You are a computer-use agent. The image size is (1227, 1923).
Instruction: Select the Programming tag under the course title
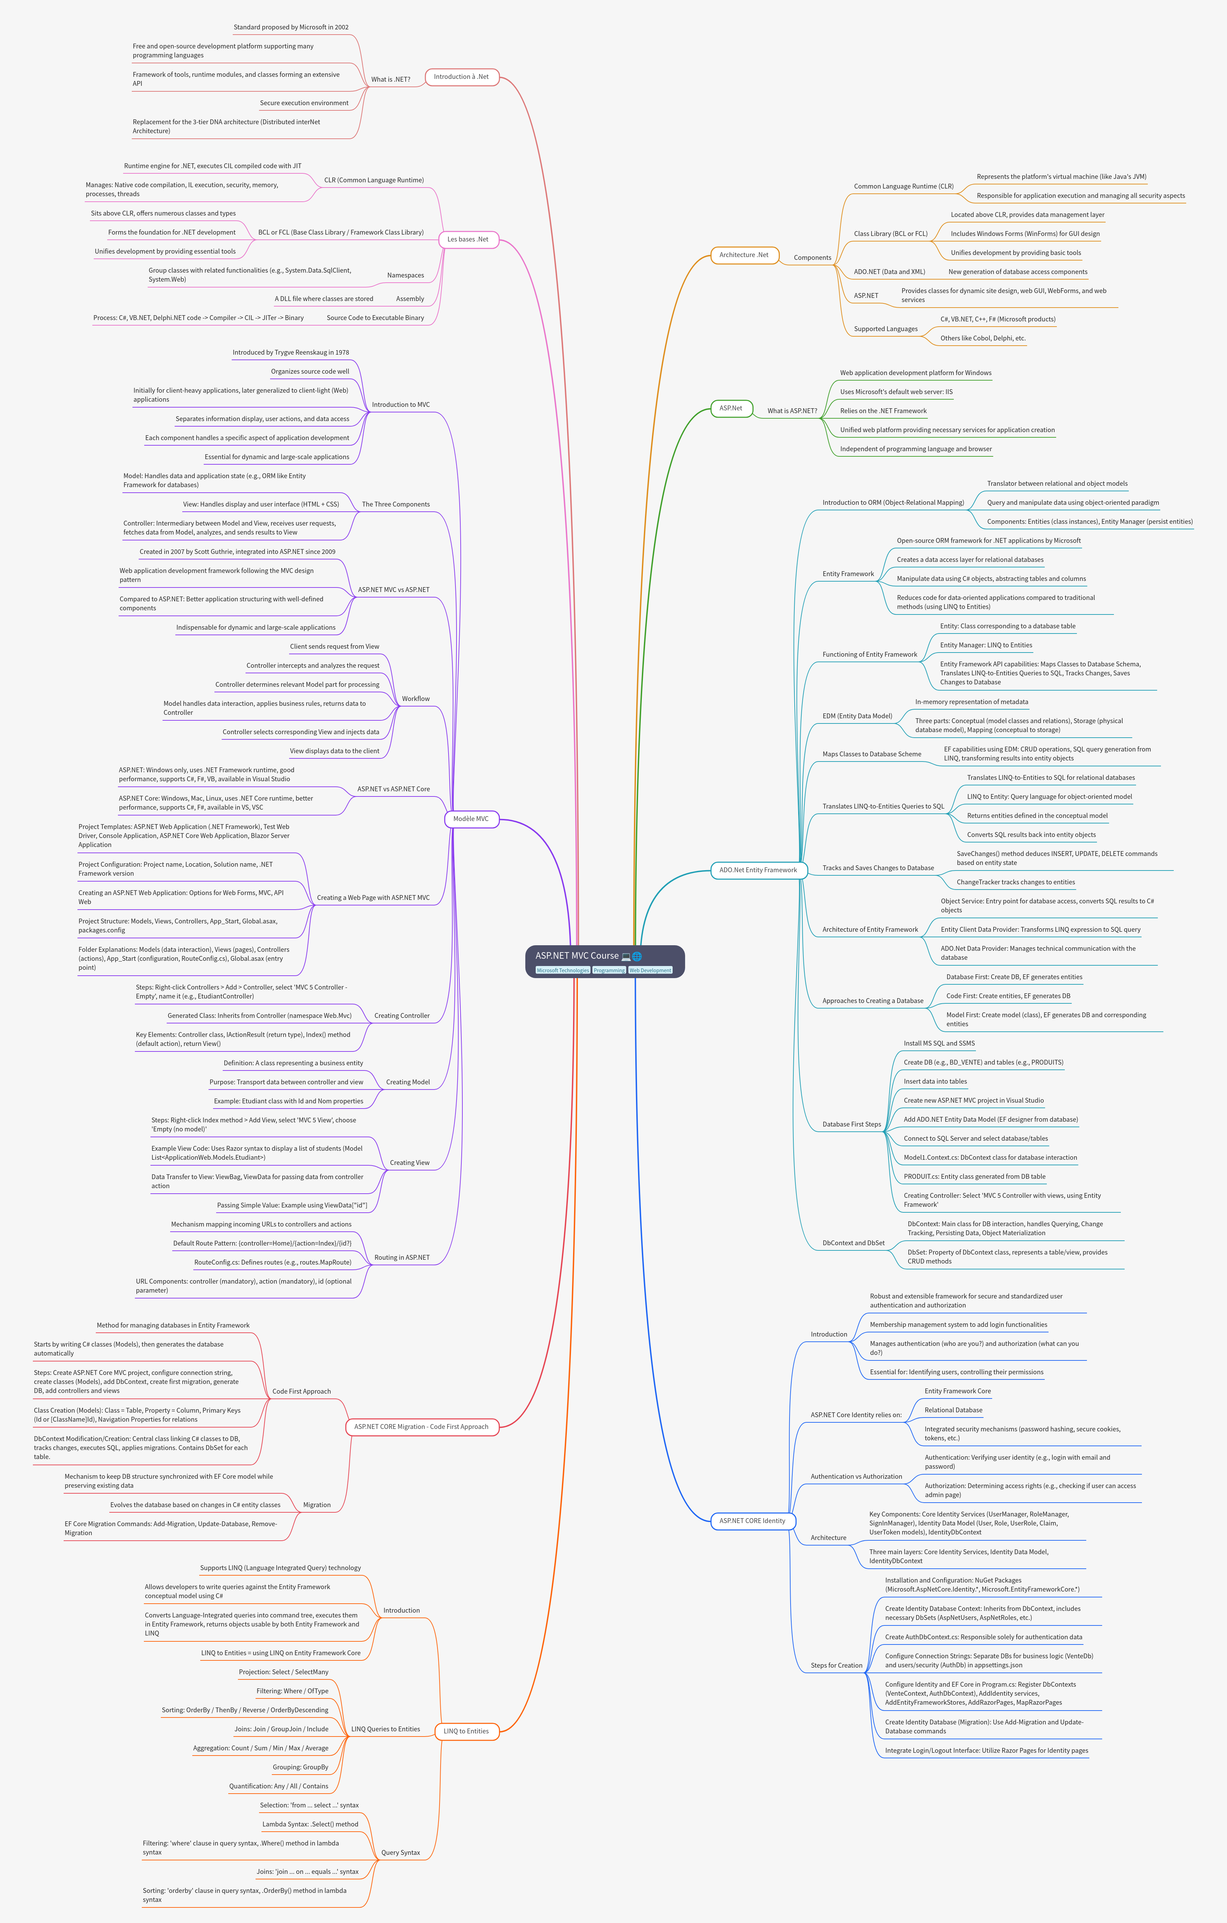click(609, 970)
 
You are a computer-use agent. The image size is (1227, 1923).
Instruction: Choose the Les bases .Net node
click(468, 239)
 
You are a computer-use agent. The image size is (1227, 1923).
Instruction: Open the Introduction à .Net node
click(461, 77)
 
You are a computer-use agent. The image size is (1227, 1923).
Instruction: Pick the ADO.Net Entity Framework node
click(758, 870)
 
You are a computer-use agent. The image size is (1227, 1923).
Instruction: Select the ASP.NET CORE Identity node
click(752, 1521)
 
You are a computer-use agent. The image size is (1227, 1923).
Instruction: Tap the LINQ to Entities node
click(466, 1731)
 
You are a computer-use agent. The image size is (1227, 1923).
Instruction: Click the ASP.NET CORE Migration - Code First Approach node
click(422, 1426)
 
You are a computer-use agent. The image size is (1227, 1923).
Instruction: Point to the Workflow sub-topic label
click(415, 699)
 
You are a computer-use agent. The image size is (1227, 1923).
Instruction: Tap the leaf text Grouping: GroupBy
click(300, 1767)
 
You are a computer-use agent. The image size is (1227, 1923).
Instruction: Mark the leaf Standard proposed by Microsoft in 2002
click(290, 27)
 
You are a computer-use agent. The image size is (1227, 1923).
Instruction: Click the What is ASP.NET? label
click(792, 410)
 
